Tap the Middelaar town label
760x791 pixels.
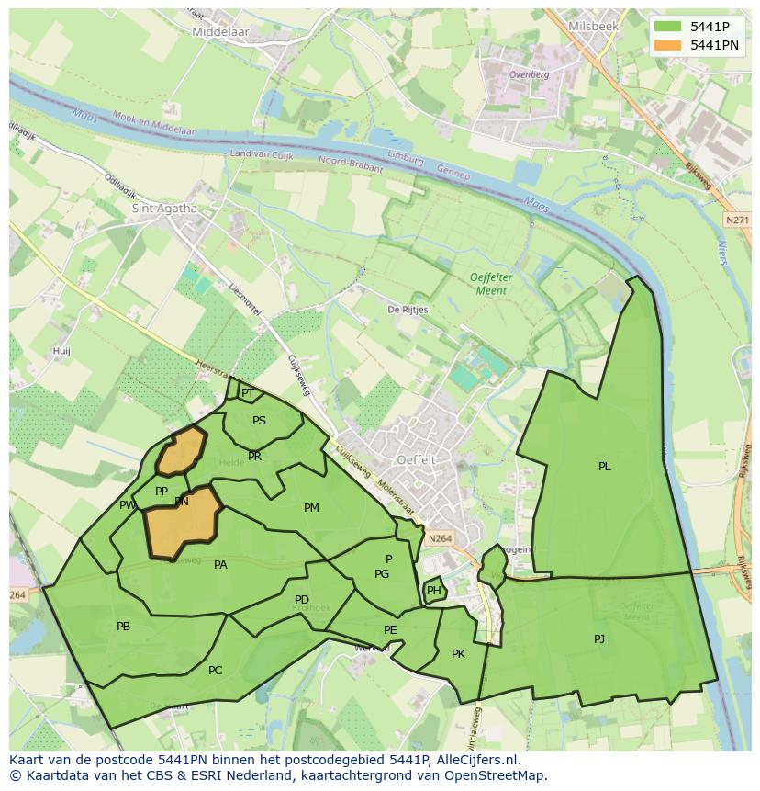[220, 31]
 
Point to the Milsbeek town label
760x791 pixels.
[593, 27]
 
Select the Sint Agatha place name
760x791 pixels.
[165, 208]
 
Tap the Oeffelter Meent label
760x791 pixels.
[490, 284]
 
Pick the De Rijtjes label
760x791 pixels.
[408, 310]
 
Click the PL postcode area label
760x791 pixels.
[604, 467]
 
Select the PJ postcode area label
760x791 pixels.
[599, 638]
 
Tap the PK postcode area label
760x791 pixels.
[458, 654]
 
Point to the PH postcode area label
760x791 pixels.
[434, 592]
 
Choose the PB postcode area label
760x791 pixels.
[123, 627]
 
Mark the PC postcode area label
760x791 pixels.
[215, 671]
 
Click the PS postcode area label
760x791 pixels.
[259, 421]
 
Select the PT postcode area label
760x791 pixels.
[247, 393]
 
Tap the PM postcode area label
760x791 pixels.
[311, 508]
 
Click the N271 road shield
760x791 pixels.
[736, 220]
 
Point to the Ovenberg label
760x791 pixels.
[529, 74]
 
